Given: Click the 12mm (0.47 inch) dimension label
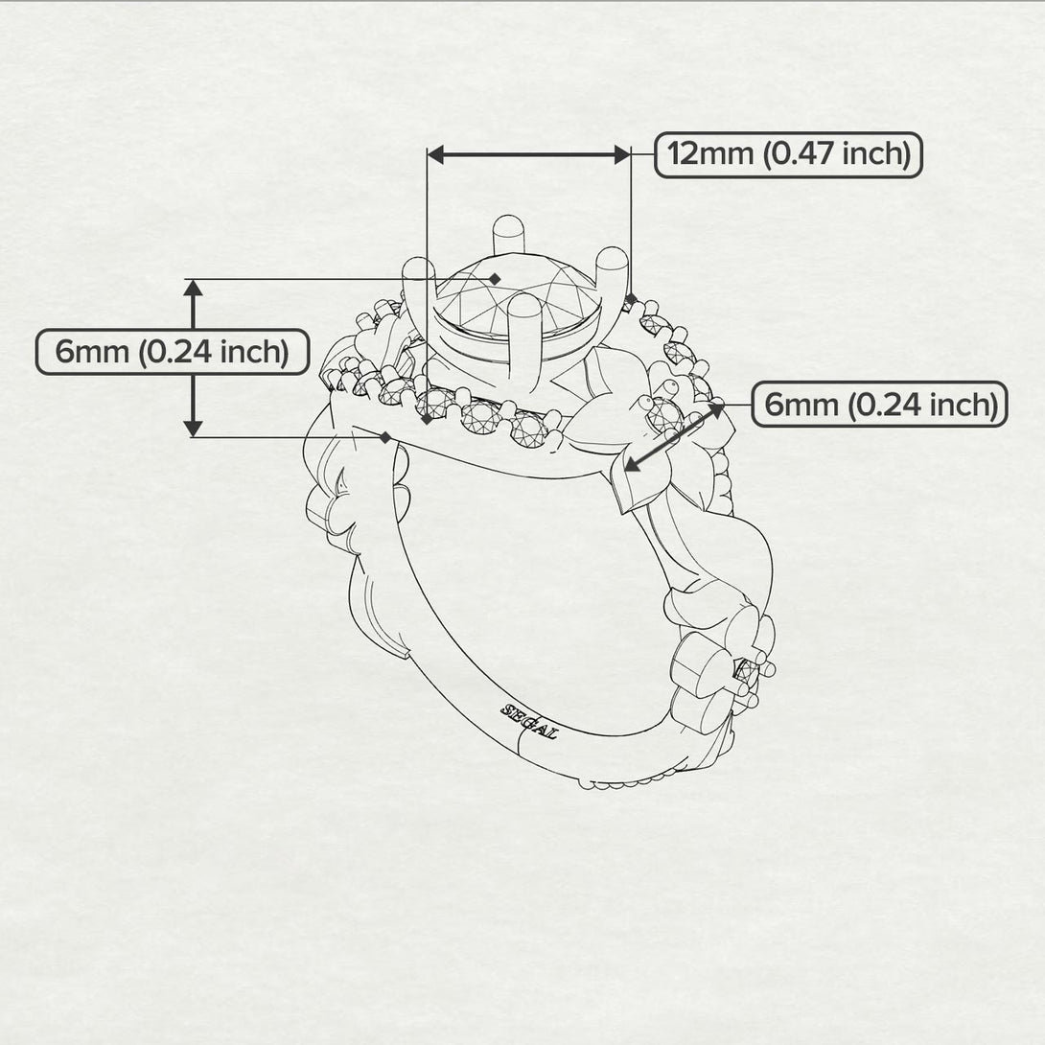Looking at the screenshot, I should (x=788, y=154).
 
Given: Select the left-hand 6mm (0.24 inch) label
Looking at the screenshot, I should (x=173, y=352).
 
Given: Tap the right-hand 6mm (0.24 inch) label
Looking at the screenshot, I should (x=879, y=405).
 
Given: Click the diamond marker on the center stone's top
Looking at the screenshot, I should (x=495, y=278).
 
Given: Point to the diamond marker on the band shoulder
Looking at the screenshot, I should (x=384, y=437).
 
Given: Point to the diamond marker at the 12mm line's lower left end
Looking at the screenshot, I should (x=427, y=419).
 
